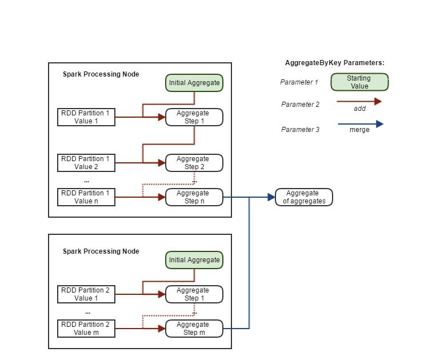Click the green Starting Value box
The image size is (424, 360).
point(359,82)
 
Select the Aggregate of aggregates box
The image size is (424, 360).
point(303,197)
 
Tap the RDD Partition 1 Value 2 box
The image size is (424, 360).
point(87,163)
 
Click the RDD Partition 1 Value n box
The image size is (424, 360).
point(87,197)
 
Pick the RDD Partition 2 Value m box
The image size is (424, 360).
point(87,329)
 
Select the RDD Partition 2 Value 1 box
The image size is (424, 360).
point(87,294)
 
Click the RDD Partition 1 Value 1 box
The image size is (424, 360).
point(87,117)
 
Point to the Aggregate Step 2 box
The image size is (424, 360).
point(194,163)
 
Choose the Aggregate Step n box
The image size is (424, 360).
point(194,197)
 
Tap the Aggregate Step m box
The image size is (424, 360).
point(194,329)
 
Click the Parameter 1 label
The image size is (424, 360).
point(299,82)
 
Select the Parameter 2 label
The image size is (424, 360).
point(300,105)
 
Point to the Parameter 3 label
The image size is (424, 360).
point(300,130)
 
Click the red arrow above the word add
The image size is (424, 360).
point(359,102)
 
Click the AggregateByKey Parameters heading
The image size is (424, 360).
point(334,63)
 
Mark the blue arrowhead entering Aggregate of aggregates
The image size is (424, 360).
point(270,197)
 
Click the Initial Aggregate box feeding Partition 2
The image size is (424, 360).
point(194,260)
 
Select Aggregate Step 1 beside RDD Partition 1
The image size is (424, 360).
point(194,117)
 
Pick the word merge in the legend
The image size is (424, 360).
point(359,130)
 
